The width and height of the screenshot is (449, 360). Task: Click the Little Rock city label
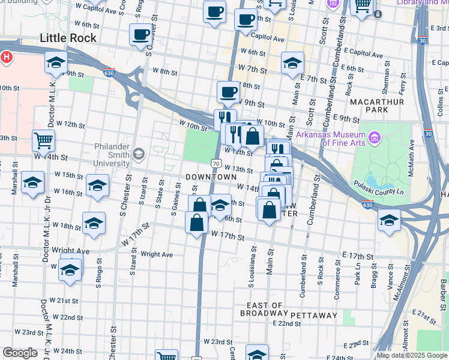pos(68,38)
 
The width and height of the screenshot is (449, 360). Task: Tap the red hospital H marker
pos(6,58)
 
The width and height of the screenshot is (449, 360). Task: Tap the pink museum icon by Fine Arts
pos(376,139)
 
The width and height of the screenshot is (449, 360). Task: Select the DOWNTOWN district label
pos(211,177)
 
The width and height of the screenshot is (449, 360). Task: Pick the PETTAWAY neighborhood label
pos(314,315)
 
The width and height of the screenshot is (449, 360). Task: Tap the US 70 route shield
pos(216,164)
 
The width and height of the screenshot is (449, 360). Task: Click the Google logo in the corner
pos(20,353)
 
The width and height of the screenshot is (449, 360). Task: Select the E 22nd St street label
pos(286,324)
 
